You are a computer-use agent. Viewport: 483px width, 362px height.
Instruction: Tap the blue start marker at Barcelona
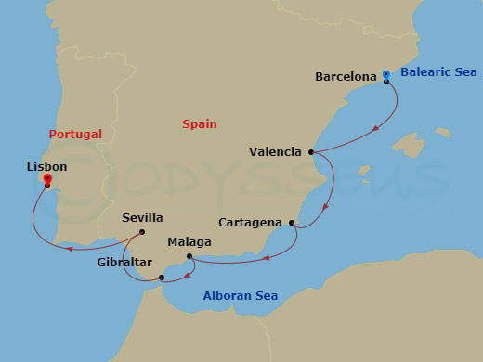[386, 74]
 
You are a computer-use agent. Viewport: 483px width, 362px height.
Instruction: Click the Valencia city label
[275, 151]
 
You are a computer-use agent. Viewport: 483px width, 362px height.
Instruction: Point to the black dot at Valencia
[311, 151]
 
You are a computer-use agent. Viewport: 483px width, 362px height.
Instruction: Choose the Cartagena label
[251, 223]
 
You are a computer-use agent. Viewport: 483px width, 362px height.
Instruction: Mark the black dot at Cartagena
[292, 223]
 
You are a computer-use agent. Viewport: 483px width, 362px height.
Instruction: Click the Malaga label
[189, 242]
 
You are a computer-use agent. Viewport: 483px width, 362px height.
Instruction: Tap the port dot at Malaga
[189, 256]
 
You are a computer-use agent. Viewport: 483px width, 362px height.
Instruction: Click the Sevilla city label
[142, 218]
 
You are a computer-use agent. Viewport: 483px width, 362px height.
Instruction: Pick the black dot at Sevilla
[141, 232]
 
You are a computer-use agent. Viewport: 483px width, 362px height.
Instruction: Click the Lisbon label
[47, 166]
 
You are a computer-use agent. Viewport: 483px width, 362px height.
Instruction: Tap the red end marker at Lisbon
[46, 180]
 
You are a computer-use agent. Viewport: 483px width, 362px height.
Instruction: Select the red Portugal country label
[75, 134]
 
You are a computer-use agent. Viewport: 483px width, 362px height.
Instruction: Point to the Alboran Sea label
[240, 296]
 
